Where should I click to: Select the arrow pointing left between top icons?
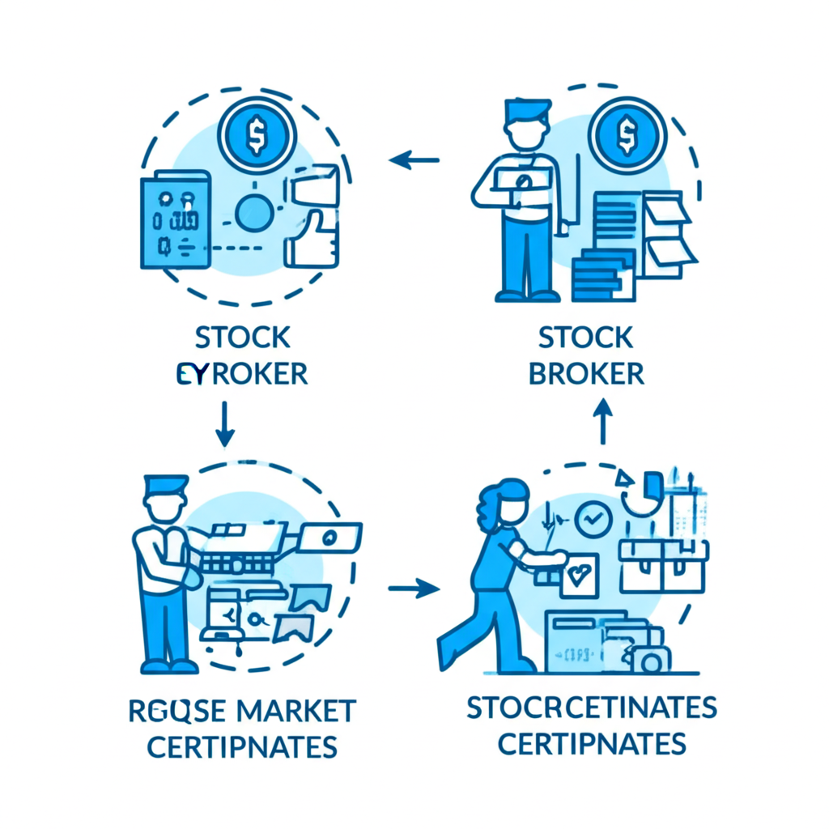(x=414, y=159)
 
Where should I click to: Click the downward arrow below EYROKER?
(x=225, y=424)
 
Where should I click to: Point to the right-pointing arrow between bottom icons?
(x=414, y=589)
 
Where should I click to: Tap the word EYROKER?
(x=242, y=373)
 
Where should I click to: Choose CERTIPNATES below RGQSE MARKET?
(x=243, y=746)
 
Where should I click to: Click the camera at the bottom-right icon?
(x=650, y=661)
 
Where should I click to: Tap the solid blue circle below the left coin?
(x=253, y=212)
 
